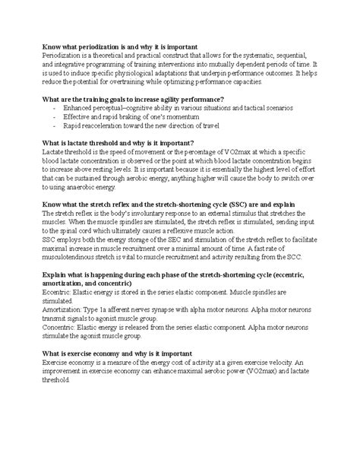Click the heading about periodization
click(x=121, y=46)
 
